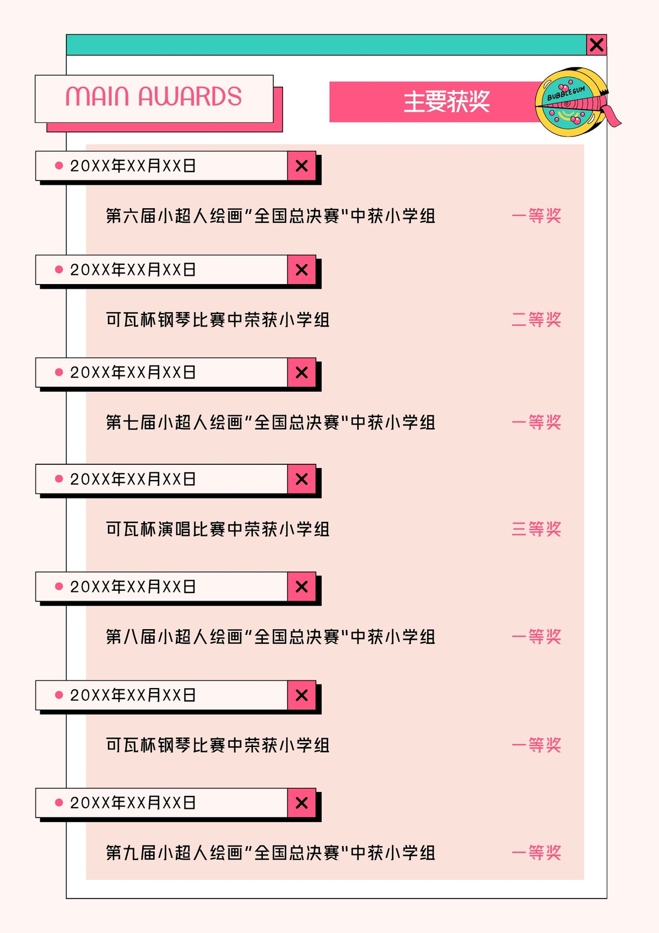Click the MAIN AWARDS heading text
[154, 96]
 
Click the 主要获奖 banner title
[447, 101]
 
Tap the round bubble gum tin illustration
[572, 102]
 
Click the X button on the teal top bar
[597, 44]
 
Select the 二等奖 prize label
[536, 320]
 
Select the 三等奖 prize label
[536, 529]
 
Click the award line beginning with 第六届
[270, 216]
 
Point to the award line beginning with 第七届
[270, 422]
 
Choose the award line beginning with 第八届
[270, 636]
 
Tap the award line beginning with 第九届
[270, 853]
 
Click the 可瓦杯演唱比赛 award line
[218, 529]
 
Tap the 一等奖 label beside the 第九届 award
[536, 853]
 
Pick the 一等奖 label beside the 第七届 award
[536, 422]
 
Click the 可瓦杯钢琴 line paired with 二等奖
[218, 320]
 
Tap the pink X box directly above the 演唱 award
[302, 479]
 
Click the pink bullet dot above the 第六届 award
[59, 166]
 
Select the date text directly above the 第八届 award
[133, 587]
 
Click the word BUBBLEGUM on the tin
[566, 93]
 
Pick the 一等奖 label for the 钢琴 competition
[536, 745]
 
